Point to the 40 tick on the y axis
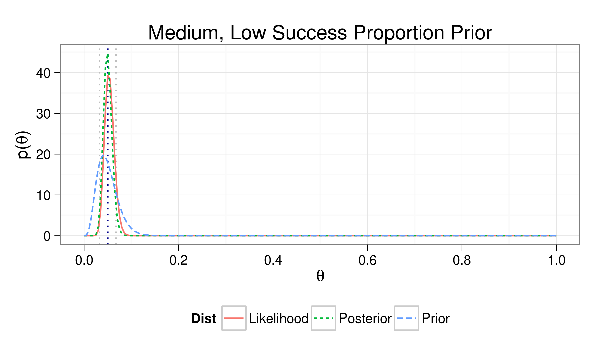pyautogui.click(x=43, y=73)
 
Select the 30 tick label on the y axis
pyautogui.click(x=43, y=114)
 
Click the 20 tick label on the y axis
pyautogui.click(x=43, y=154)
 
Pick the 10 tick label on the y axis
pyautogui.click(x=43, y=195)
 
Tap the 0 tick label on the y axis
pyautogui.click(x=47, y=236)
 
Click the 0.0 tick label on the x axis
pyautogui.click(x=84, y=260)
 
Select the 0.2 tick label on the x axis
pyautogui.click(x=178, y=260)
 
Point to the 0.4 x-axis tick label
pyautogui.click(x=273, y=260)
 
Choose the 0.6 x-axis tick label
pyautogui.click(x=367, y=260)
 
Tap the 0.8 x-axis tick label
pyautogui.click(x=462, y=260)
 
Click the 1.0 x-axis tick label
pyautogui.click(x=556, y=260)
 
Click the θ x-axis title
pyautogui.click(x=320, y=276)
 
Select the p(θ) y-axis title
pyautogui.click(x=24, y=145)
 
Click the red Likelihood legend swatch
pyautogui.click(x=234, y=318)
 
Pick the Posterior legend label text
pyautogui.click(x=365, y=319)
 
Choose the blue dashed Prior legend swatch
pyautogui.click(x=406, y=318)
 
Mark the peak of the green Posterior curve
pyautogui.click(x=108, y=55)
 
